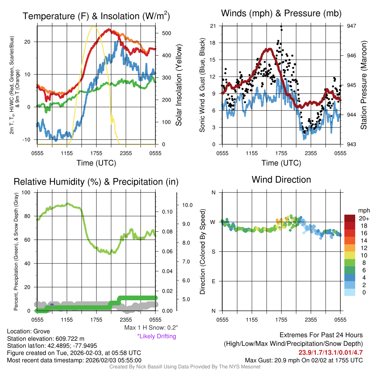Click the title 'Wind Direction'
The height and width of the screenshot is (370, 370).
[x=281, y=180]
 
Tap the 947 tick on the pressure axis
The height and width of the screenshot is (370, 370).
[x=351, y=26]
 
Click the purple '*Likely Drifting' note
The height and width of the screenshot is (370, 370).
[x=156, y=336]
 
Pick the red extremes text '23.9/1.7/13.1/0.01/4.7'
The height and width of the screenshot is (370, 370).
[x=330, y=353]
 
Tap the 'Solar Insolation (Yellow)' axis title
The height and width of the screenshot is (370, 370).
[x=179, y=85]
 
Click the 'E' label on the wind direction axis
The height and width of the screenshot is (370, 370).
[x=214, y=281]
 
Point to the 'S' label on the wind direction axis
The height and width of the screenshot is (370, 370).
[x=214, y=251]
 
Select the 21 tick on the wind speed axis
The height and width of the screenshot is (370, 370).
[x=213, y=26]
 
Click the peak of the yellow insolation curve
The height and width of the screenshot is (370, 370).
[x=94, y=26]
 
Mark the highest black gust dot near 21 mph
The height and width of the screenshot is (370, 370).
[x=281, y=27]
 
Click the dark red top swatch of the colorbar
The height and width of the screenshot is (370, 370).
[x=350, y=218]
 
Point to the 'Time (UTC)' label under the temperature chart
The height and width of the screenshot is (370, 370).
[x=96, y=163]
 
